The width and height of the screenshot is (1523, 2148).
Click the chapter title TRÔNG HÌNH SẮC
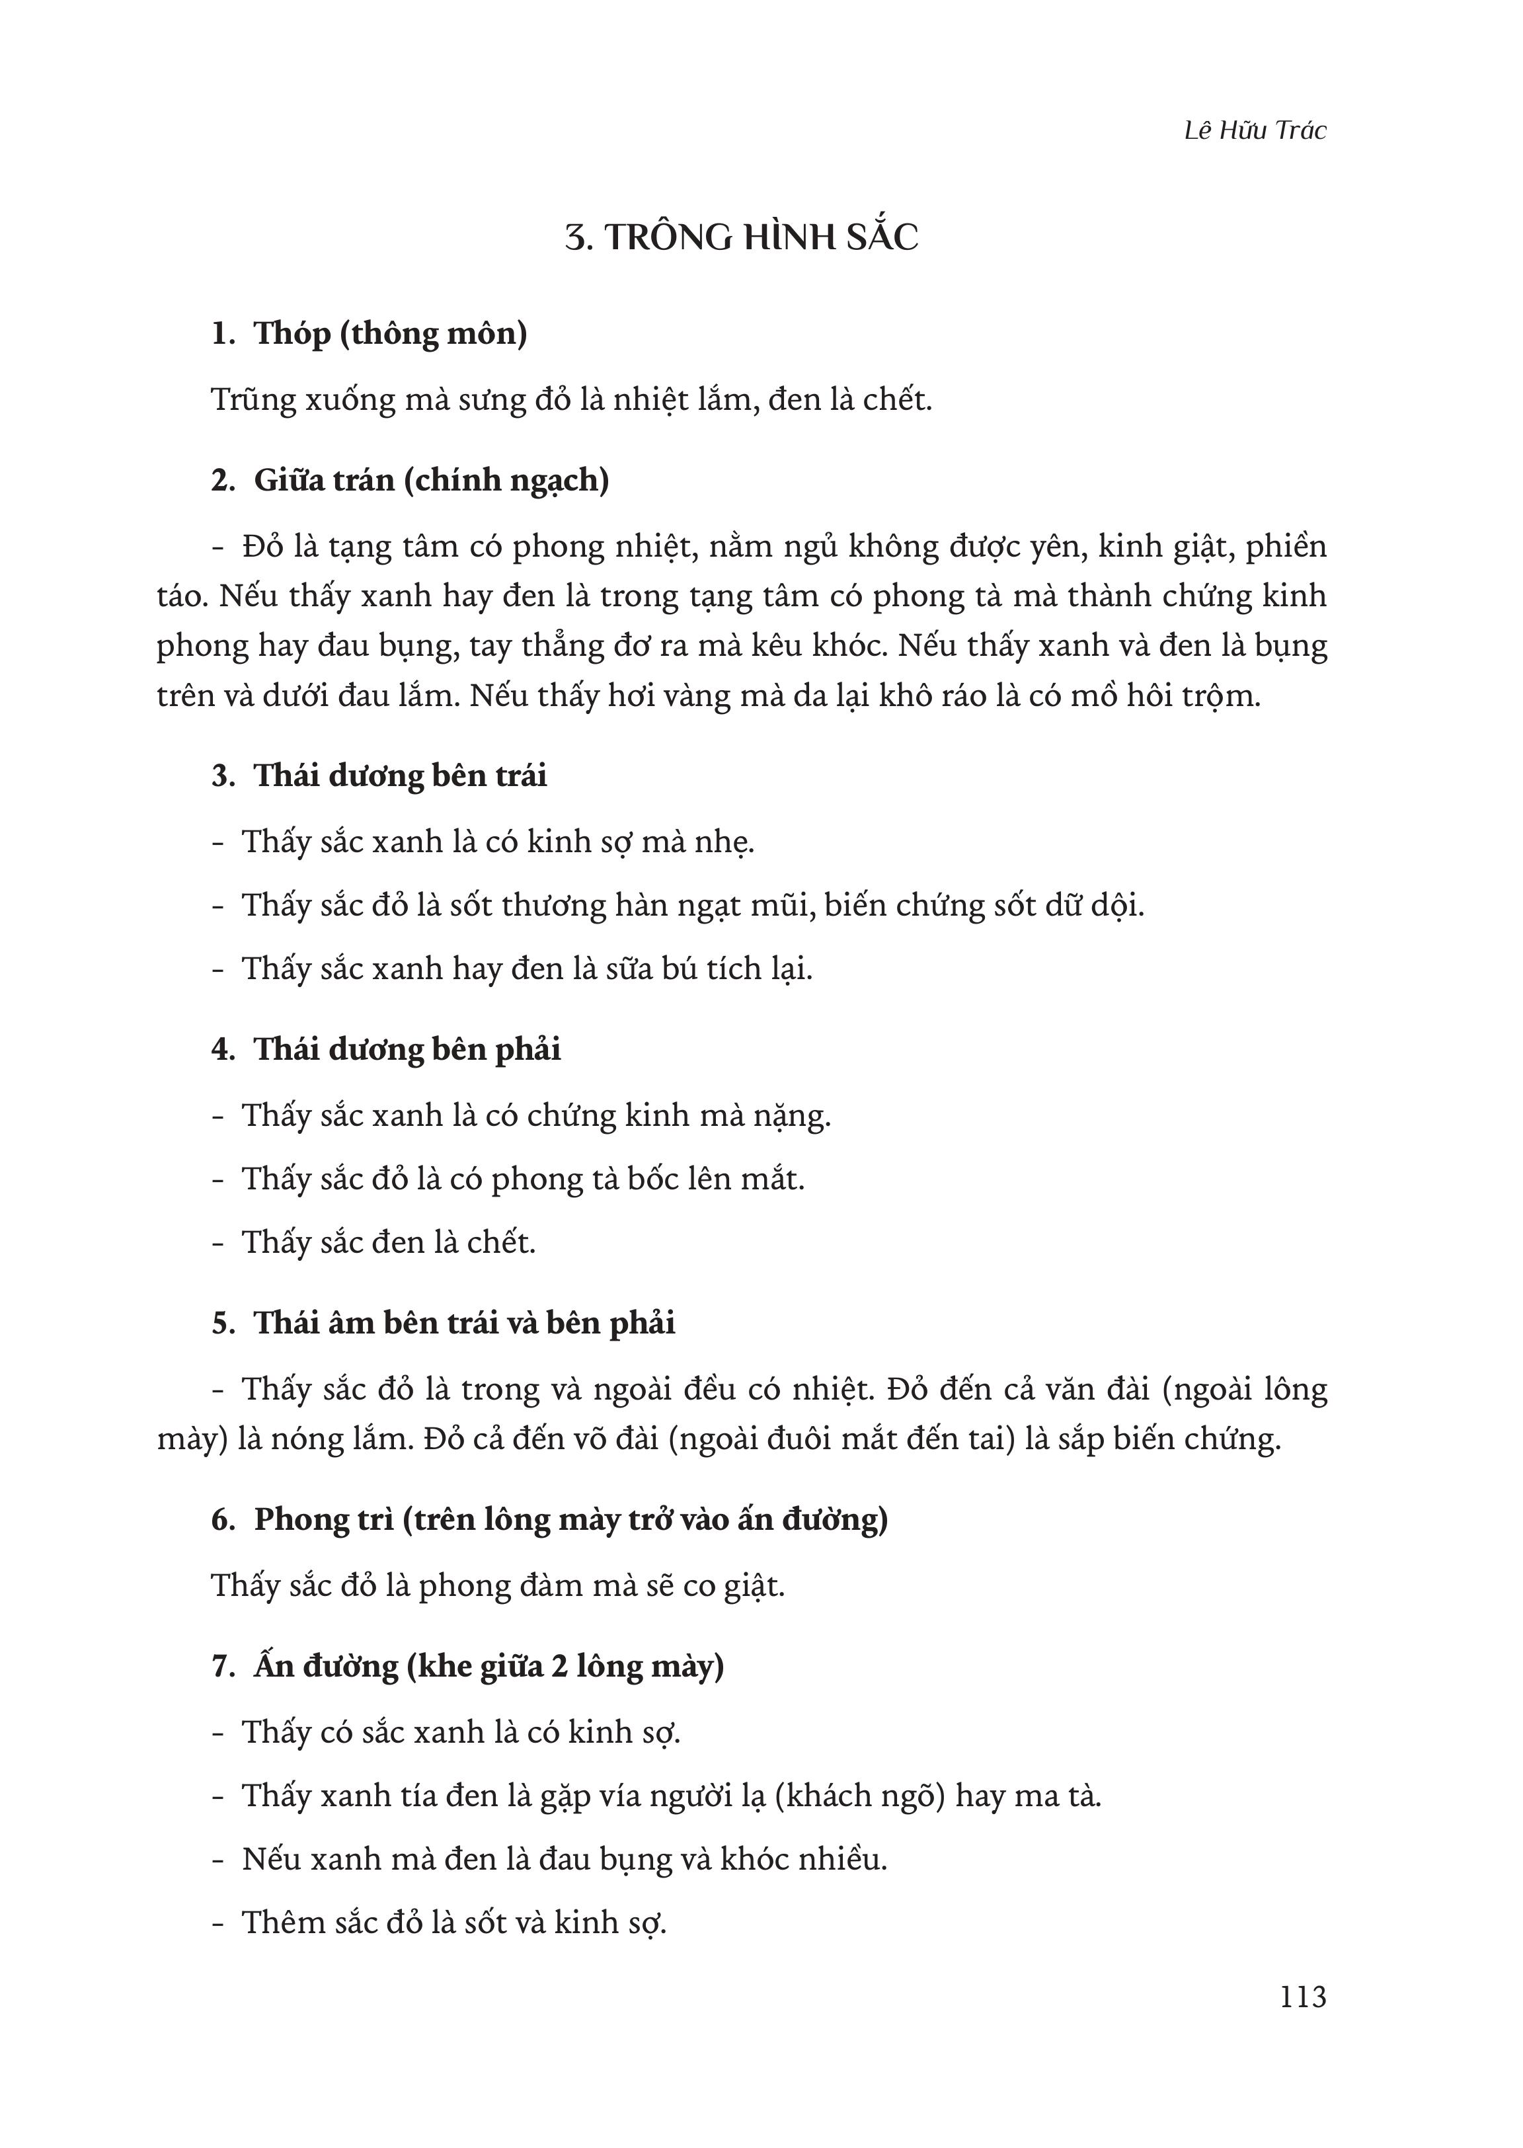(x=741, y=238)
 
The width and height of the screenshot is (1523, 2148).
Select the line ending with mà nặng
(x=537, y=1116)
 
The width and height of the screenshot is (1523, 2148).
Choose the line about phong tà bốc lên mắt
(x=524, y=1179)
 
